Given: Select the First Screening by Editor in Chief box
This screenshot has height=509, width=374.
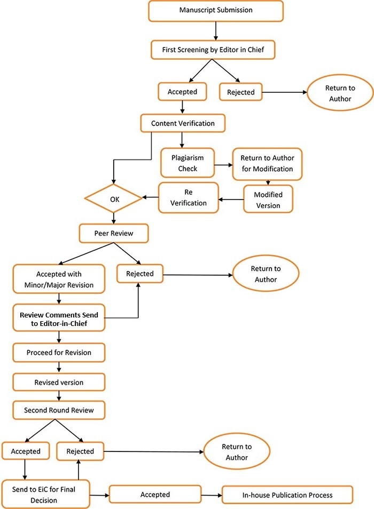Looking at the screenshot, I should (x=216, y=50).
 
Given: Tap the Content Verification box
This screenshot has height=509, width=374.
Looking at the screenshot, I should (x=183, y=123).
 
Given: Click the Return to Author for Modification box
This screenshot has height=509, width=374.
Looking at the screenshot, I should (x=267, y=163).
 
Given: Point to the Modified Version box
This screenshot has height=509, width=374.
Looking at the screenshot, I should (x=268, y=199).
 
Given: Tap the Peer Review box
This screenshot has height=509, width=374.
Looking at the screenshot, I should (x=113, y=233).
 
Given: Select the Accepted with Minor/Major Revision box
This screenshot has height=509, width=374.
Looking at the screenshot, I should (x=59, y=279).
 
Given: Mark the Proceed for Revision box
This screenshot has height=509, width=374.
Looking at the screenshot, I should (x=59, y=353).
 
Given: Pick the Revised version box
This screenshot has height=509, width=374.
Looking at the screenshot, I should (x=59, y=383).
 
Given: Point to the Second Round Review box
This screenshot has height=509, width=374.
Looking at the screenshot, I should (x=59, y=410).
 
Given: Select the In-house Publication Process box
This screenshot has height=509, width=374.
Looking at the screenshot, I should (x=287, y=495).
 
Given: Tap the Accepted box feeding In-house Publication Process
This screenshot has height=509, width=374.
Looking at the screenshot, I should (x=155, y=495).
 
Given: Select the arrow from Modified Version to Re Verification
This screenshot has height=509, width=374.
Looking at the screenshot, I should (x=231, y=201).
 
